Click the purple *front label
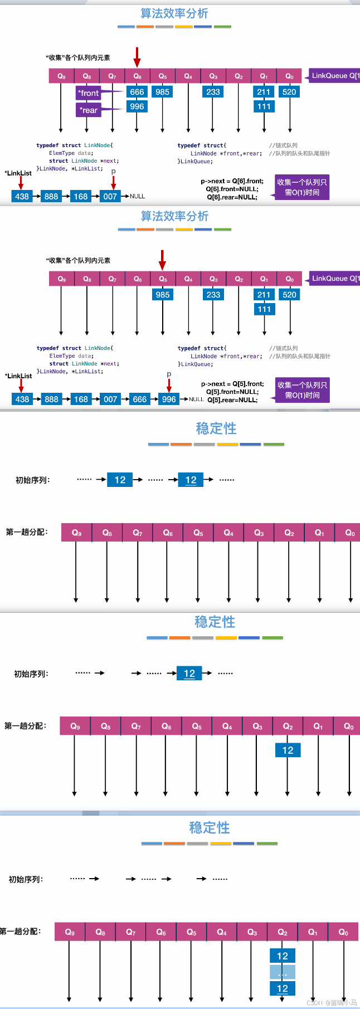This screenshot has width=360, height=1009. pos(88,93)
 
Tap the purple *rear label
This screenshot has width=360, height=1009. pos(88,110)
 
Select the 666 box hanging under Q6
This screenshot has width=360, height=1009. pos(137,92)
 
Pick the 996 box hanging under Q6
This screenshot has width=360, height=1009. pos(137,106)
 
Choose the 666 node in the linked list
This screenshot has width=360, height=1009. pos(140,399)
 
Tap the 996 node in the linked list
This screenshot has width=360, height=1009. pos(169,399)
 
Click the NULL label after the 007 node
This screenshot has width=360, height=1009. pos(137,196)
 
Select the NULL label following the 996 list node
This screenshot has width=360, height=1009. pos(196,399)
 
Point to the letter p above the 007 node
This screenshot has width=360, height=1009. pos(113,171)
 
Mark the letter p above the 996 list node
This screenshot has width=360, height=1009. pos(169,374)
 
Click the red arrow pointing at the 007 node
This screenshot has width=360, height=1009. pos(113,183)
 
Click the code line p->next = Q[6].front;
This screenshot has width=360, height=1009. pos(232,181)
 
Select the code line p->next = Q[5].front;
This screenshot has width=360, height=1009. pos(232,384)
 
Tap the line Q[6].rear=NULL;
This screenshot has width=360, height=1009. pos(232,197)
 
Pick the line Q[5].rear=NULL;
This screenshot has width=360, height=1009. pos(232,399)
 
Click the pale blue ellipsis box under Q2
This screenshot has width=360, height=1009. pos(283,972)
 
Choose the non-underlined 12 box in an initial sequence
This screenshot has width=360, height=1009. pos(120,480)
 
